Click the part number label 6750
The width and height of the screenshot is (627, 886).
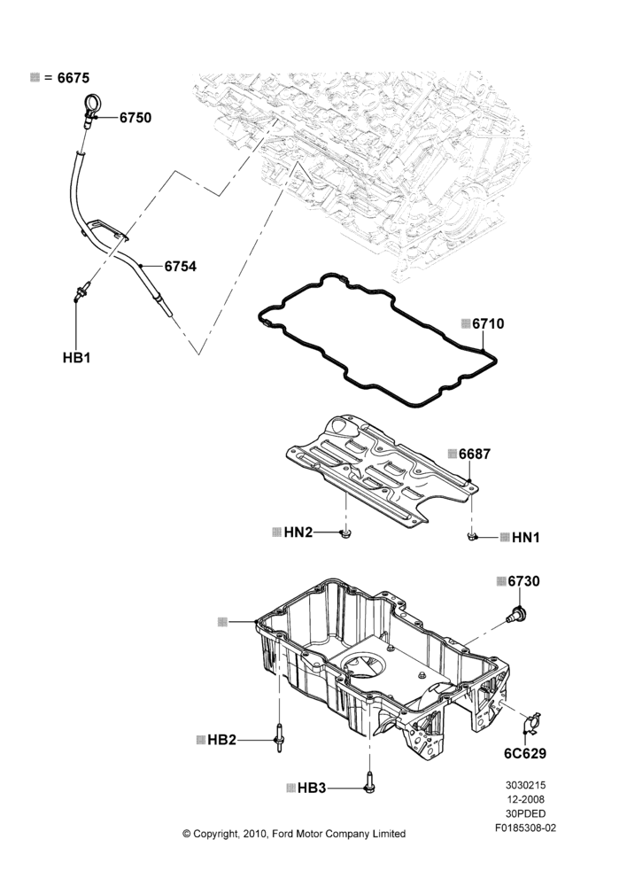pyautogui.click(x=135, y=118)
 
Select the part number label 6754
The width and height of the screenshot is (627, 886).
pyautogui.click(x=180, y=266)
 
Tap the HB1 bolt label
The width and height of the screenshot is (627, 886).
pyautogui.click(x=76, y=358)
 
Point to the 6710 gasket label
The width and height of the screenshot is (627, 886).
pyautogui.click(x=488, y=323)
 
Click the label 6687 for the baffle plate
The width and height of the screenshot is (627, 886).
pyautogui.click(x=475, y=454)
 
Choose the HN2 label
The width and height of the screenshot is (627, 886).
pyautogui.click(x=298, y=532)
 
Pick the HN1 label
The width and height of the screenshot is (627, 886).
pyautogui.click(x=525, y=538)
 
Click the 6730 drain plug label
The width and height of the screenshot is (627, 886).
pyautogui.click(x=523, y=581)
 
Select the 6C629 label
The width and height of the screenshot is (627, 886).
pyautogui.click(x=525, y=753)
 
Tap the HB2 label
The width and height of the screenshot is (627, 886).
pyautogui.click(x=221, y=740)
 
